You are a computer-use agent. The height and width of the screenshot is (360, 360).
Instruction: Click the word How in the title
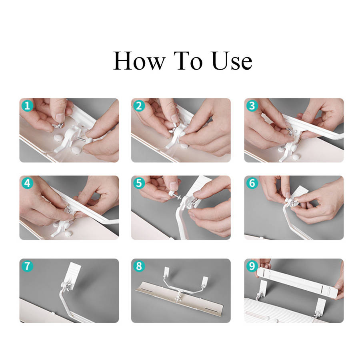pyautogui.click(x=139, y=61)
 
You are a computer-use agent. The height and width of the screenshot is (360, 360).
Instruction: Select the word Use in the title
pyautogui.click(x=232, y=61)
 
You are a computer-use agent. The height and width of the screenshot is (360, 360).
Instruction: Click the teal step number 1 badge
pyautogui.click(x=27, y=106)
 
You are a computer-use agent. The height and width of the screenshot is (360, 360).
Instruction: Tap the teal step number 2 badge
pyautogui.click(x=139, y=106)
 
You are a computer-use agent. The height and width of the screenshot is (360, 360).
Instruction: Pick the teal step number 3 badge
pyautogui.click(x=252, y=106)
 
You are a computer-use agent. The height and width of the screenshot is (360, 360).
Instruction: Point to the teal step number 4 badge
pyautogui.click(x=27, y=183)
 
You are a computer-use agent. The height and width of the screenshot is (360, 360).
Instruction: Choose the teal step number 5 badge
pyautogui.click(x=139, y=183)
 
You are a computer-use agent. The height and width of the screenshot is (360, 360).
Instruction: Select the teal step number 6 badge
pyautogui.click(x=252, y=183)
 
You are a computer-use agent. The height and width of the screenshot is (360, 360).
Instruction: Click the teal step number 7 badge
pyautogui.click(x=27, y=266)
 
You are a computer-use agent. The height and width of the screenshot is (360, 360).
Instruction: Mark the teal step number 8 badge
pyautogui.click(x=139, y=266)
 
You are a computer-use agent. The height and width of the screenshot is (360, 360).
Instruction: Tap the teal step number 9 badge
pyautogui.click(x=252, y=266)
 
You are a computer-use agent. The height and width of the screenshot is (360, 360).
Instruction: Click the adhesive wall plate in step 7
pyautogui.click(x=74, y=274)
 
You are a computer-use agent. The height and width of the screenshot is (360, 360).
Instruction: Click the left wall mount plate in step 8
pyautogui.click(x=167, y=272)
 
